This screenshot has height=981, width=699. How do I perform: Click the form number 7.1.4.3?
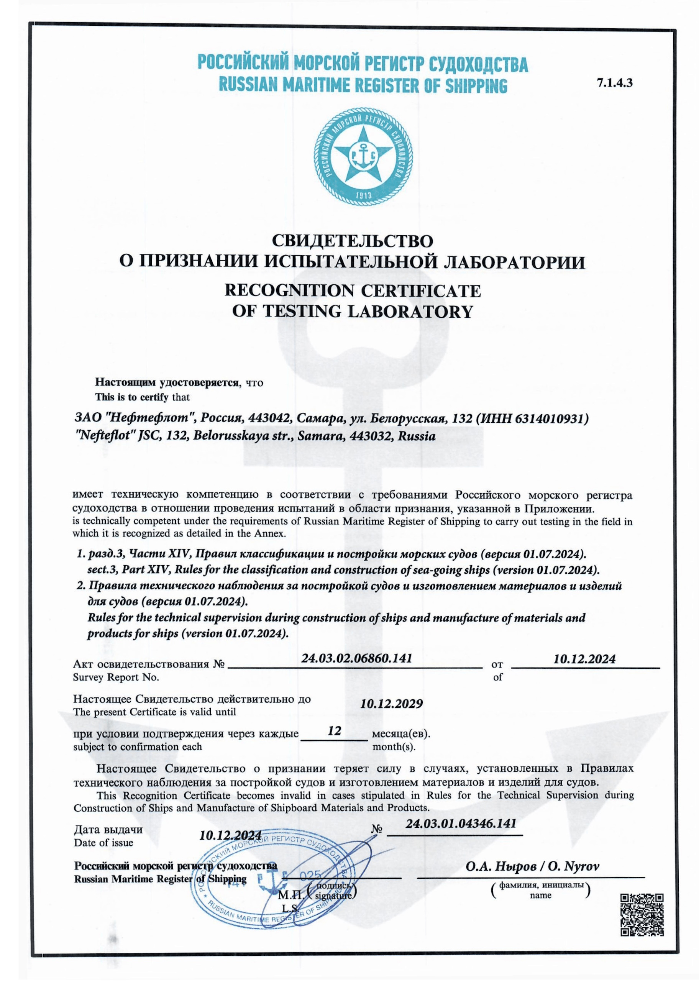tap(614, 84)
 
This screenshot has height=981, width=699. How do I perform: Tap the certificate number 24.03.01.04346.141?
tap(461, 823)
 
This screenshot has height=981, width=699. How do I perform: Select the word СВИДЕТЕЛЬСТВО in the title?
tap(353, 241)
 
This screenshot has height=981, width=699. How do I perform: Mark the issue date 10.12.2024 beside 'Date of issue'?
tap(230, 835)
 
